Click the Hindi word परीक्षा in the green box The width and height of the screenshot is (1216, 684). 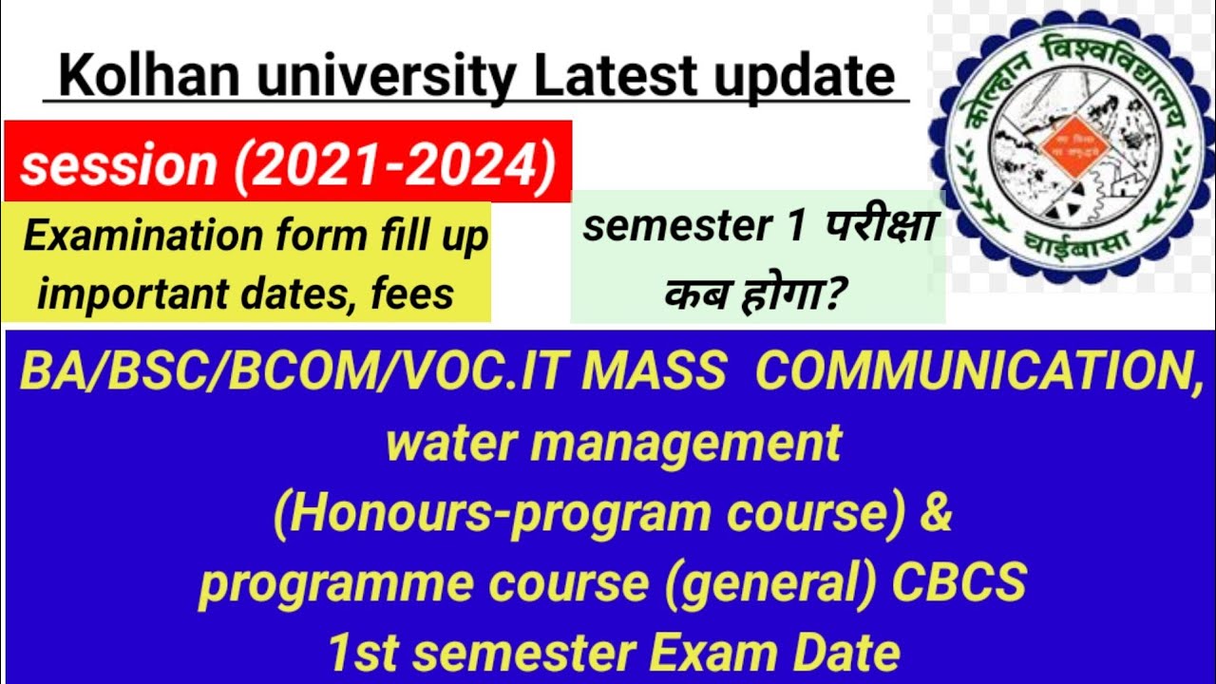pos(883,228)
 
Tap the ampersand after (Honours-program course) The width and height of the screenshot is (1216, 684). pos(935,514)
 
